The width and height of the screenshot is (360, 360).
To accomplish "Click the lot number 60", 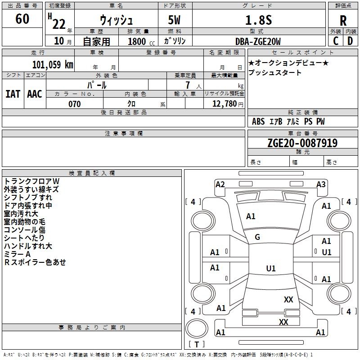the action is click(x=22, y=18).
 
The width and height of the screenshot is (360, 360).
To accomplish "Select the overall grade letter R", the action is click(x=343, y=21).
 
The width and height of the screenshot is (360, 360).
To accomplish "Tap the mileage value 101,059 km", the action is click(x=53, y=65).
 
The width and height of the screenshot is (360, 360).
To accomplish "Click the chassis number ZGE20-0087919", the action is click(x=302, y=143).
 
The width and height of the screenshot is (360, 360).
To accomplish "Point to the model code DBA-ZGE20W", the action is click(x=258, y=41).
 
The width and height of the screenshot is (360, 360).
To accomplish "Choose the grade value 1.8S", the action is click(x=258, y=20).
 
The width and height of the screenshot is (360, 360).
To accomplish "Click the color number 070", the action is click(x=75, y=104).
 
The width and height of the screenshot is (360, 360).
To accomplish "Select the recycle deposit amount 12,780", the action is click(x=224, y=104).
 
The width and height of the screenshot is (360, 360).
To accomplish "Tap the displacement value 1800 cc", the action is click(x=141, y=41).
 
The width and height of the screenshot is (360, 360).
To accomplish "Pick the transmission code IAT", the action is click(x=13, y=94).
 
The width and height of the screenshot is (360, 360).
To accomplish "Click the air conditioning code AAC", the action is click(x=35, y=94).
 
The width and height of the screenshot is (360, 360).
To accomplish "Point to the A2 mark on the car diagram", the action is click(x=220, y=184).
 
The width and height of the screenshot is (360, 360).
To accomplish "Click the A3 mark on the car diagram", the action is click(x=321, y=184).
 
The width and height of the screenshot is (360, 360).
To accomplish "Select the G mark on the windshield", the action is click(x=257, y=237).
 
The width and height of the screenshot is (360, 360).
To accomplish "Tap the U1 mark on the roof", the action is click(x=271, y=268).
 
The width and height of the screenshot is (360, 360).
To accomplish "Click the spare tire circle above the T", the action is click(x=197, y=328).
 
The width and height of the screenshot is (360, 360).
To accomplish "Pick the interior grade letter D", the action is click(x=350, y=41).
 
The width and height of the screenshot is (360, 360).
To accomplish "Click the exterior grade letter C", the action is click(x=336, y=41).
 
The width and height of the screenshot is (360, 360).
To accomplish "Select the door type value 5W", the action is click(x=174, y=20).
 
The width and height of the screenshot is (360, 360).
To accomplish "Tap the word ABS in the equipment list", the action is click(x=258, y=121).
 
